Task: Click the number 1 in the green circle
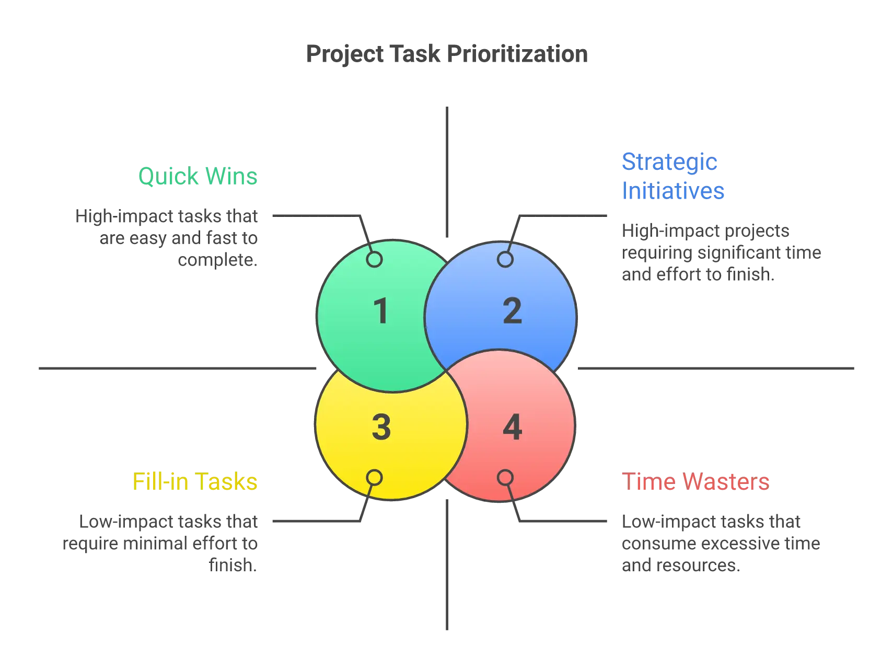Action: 381,311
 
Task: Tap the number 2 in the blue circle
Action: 512,311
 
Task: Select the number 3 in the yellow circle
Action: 381,427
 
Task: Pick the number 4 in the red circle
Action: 512,427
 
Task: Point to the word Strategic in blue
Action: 670,162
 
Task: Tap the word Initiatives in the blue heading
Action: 674,190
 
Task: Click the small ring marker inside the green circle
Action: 374,259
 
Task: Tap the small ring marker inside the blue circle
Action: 505,259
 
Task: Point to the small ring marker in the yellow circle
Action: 374,477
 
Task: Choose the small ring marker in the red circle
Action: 505,477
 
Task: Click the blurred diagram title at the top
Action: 447,53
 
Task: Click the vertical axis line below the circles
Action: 447,564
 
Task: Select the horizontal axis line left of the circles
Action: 178,368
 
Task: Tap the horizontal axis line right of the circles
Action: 716,368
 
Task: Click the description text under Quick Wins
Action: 172,238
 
